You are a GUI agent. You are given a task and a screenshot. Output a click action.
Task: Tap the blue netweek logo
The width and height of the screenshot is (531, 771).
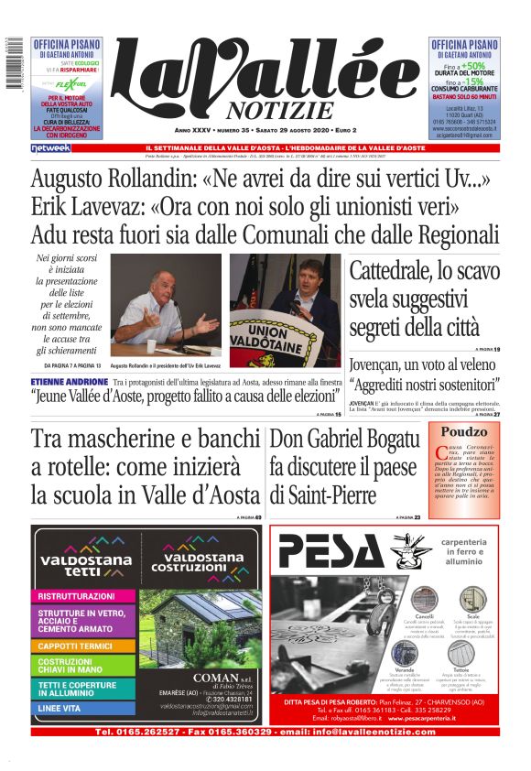50,147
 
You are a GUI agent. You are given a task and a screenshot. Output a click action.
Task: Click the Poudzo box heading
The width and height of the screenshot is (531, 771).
464,432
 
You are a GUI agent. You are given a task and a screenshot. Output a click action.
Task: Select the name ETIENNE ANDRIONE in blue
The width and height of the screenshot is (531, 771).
69,381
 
